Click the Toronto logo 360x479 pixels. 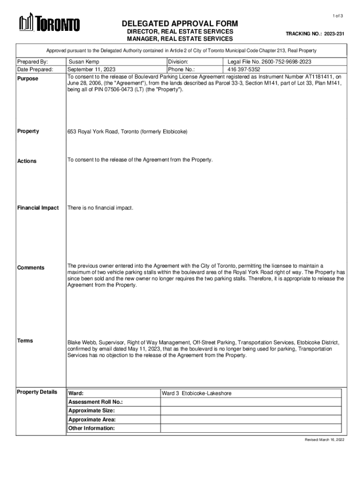tap(49, 23)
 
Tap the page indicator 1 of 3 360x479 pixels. tap(338, 16)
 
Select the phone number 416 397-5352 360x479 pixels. tap(244, 69)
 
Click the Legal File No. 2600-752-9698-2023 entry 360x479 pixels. tap(269, 62)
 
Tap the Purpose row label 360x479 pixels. tap(28, 79)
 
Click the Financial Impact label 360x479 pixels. tap(38, 208)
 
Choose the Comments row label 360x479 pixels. tap(31, 268)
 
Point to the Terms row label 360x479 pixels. tap(25, 341)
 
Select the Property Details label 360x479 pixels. tap(37, 392)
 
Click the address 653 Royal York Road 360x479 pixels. tap(127, 132)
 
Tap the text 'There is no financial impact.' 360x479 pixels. tap(101, 208)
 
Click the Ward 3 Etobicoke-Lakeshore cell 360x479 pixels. tap(196, 393)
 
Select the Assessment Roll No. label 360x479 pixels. tap(96, 402)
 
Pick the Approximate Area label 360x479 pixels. tap(92, 420)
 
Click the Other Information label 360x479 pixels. tap(92, 428)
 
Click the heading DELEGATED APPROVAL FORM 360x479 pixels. tap(180, 24)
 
